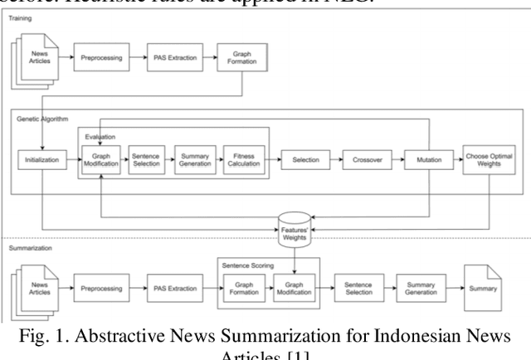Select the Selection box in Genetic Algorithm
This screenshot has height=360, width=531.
[x=304, y=159]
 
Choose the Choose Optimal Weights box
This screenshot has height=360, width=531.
[x=488, y=159]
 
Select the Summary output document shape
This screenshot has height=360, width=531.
[x=484, y=289]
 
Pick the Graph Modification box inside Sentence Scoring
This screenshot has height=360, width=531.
[x=295, y=289]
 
